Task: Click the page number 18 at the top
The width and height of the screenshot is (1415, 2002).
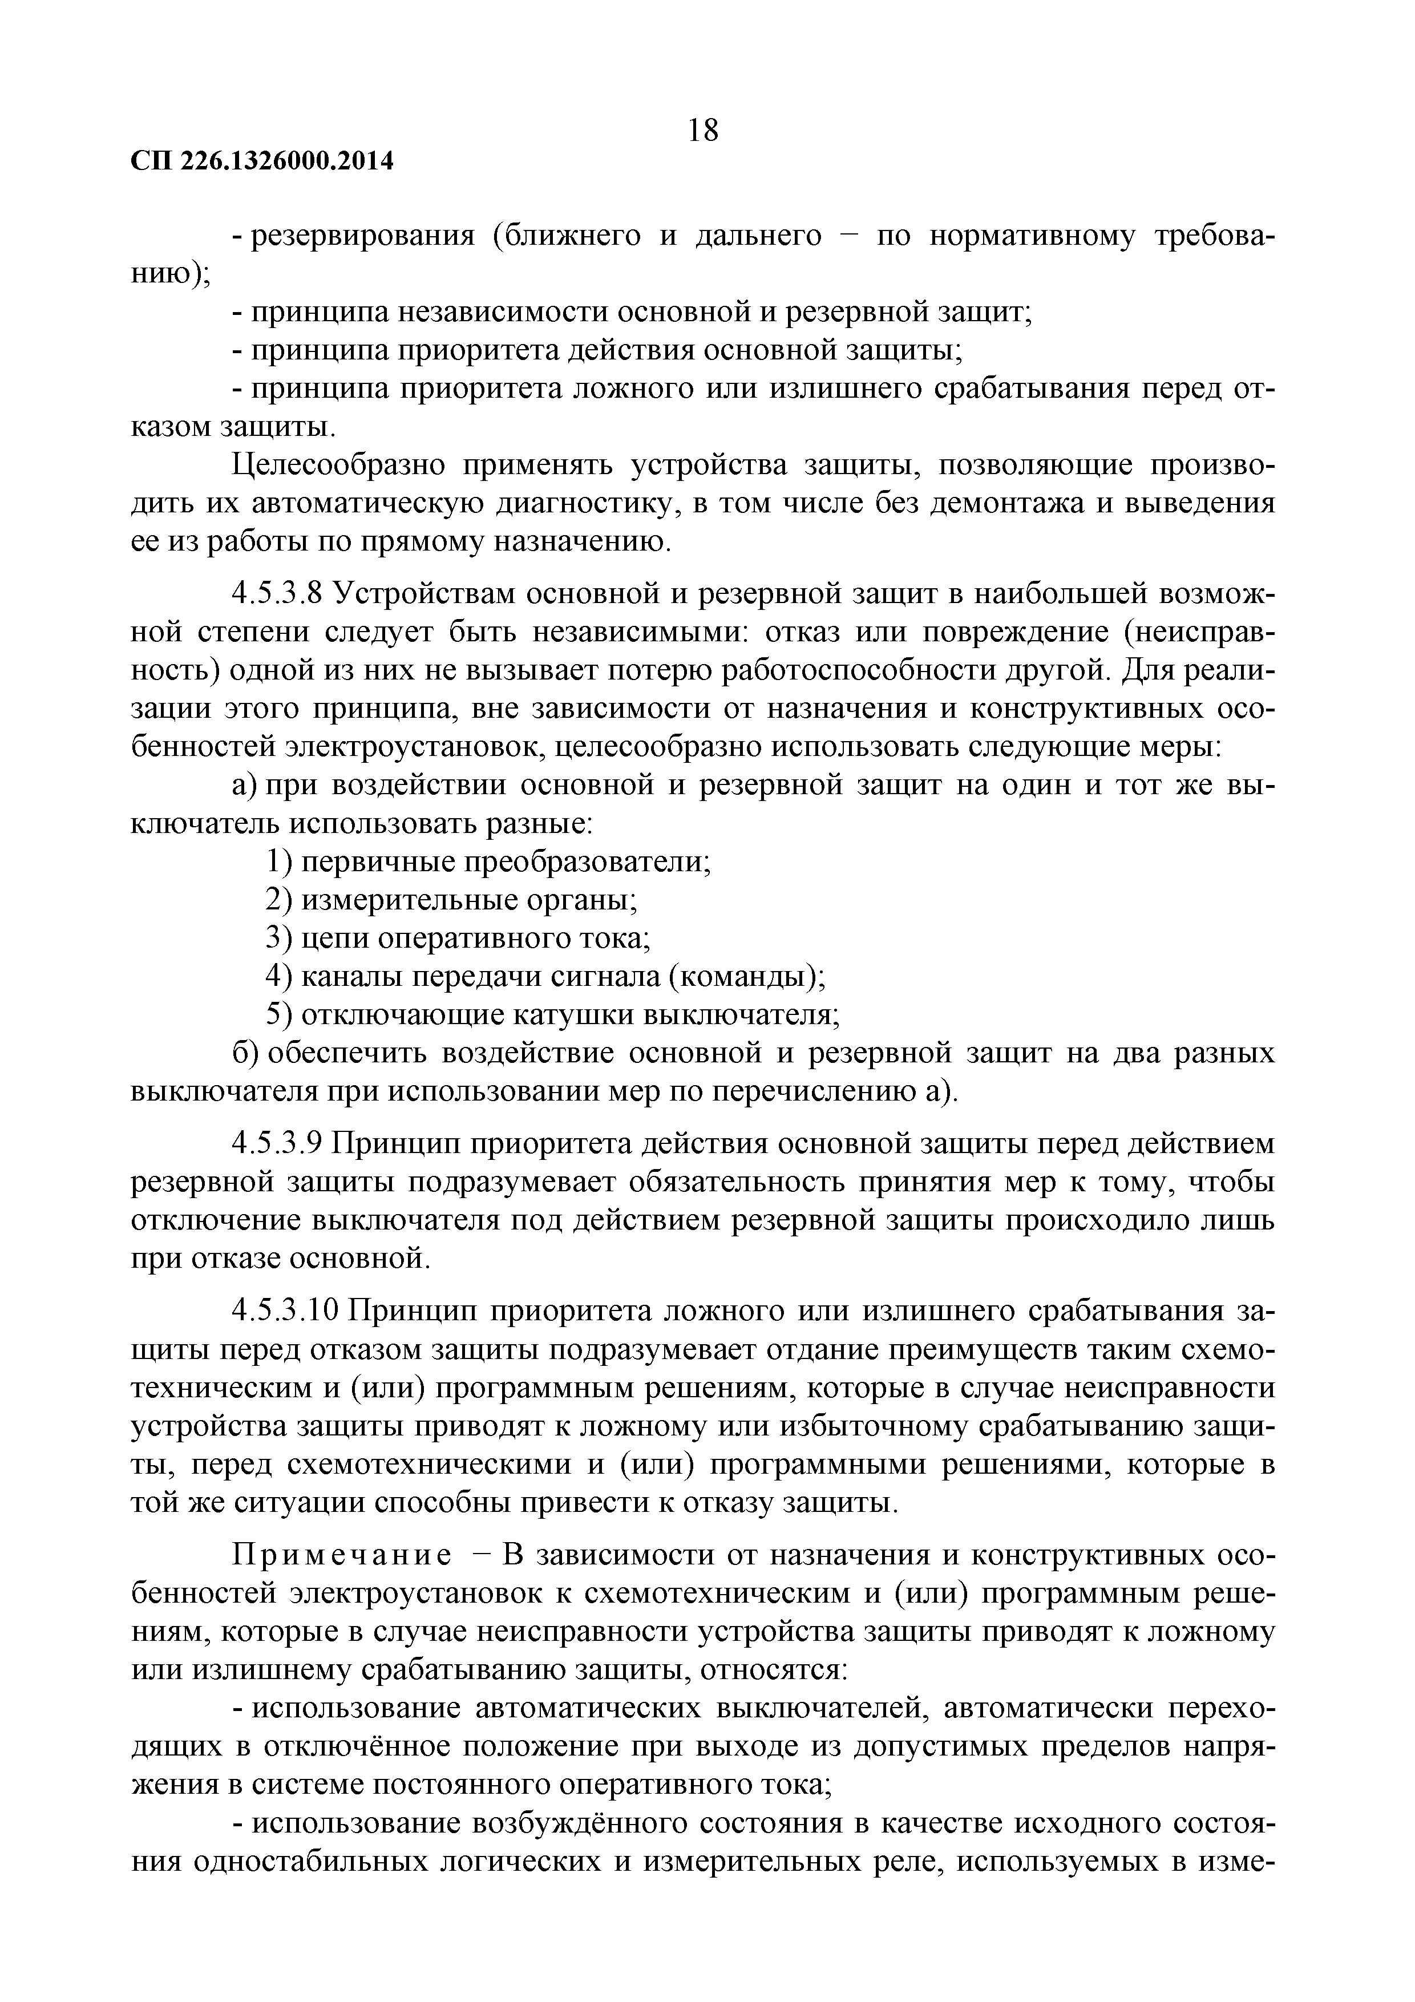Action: pos(703,130)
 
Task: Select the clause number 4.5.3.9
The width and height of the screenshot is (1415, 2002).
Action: pos(277,1143)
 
